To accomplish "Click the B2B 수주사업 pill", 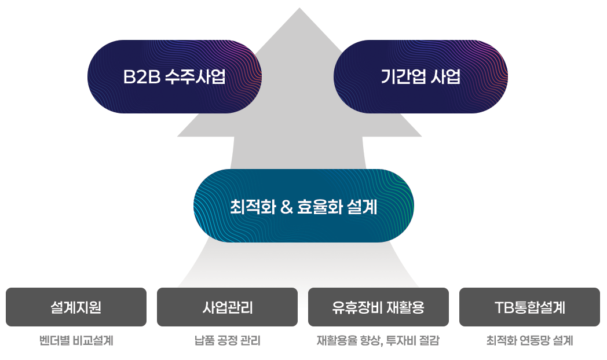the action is tap(174, 76).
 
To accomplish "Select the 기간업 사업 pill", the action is tap(420, 76).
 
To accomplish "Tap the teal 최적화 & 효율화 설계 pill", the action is tap(303, 206).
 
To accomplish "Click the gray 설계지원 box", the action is tap(76, 307).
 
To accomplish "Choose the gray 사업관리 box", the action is tap(227, 307).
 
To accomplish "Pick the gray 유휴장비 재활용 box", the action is tap(378, 307).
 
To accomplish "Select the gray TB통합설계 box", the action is tap(529, 307).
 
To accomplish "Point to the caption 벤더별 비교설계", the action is tap(76, 341).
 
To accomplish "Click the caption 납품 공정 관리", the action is tap(227, 341).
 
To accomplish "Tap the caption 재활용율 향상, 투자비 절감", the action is tap(378, 341).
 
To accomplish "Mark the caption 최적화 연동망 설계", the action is tap(529, 341).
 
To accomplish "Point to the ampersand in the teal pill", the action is tap(286, 207).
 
